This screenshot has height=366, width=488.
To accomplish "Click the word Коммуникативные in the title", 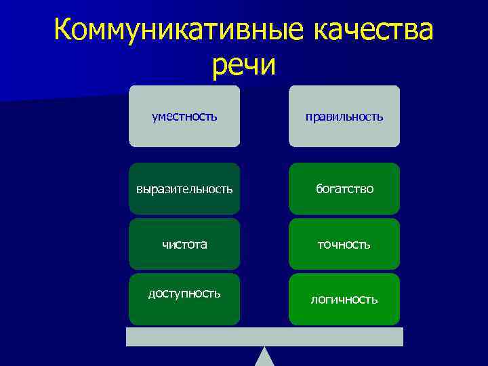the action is [x=167, y=31].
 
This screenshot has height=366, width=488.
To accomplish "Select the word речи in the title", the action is [x=244, y=66].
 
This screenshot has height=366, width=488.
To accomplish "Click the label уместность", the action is [x=184, y=117].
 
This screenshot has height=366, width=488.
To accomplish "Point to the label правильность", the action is [x=344, y=117].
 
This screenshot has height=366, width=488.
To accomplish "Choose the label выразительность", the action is [x=184, y=188].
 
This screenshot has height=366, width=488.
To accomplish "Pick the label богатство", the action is [x=344, y=188].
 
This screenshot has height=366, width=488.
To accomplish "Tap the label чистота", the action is [x=184, y=244].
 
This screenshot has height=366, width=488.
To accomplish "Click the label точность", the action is [x=344, y=244].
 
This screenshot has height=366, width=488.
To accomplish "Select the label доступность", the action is [x=184, y=293].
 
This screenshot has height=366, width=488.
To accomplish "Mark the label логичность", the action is [x=344, y=299].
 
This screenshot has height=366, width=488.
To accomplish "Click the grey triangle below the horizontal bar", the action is [x=264, y=358].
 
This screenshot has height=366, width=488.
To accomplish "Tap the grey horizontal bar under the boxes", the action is [x=264, y=337].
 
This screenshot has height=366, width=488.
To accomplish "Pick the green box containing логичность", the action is [x=344, y=313].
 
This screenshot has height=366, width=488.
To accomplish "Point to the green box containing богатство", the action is [x=344, y=203].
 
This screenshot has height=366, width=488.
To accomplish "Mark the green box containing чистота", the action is [x=184, y=258].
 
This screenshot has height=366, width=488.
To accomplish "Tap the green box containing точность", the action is [x=344, y=258].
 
